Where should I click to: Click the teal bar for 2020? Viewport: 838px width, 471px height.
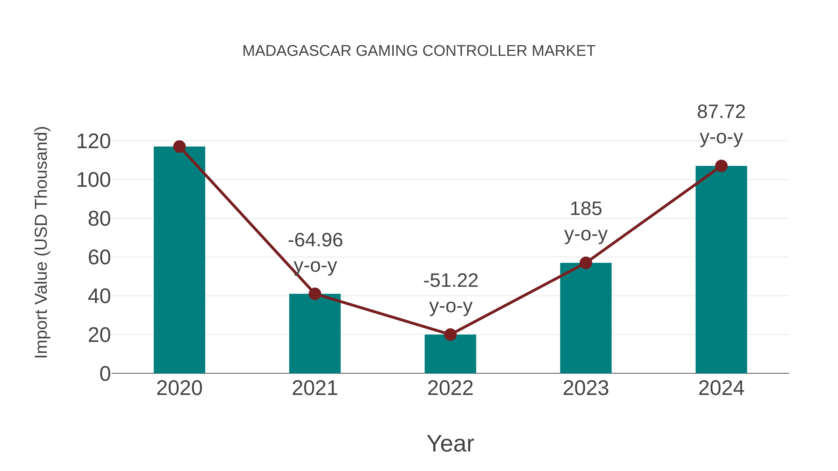(x=179, y=260)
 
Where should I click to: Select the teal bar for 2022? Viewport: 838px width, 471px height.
(x=450, y=354)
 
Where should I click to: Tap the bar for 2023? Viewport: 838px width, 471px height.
(x=586, y=319)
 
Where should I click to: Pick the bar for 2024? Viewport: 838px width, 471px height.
(x=721, y=270)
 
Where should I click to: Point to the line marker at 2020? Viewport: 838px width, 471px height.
(x=179, y=147)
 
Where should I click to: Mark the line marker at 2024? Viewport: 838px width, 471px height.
(x=721, y=166)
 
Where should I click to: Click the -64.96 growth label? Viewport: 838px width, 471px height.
(x=315, y=241)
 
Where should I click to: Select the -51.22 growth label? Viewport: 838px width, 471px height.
(x=451, y=281)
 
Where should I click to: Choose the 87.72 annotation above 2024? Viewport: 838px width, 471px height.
(x=721, y=112)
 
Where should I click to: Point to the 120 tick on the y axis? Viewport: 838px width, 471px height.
(x=93, y=142)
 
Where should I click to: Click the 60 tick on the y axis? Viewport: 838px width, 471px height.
(x=99, y=258)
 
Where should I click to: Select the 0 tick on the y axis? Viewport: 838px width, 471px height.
(x=105, y=374)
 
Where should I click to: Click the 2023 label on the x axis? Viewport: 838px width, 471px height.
(x=586, y=388)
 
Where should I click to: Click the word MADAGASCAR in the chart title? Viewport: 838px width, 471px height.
(x=297, y=51)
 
